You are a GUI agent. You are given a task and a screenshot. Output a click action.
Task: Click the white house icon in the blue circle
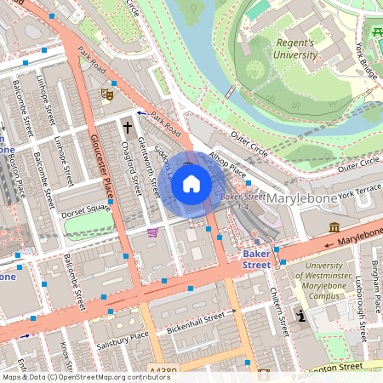[x=191, y=183]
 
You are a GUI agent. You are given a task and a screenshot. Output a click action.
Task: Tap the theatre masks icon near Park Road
[x=107, y=94]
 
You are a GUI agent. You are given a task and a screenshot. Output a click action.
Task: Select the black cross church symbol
[x=128, y=128]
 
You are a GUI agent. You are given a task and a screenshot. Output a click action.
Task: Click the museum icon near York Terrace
[x=334, y=228]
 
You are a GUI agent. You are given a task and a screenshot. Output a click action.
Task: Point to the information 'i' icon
[x=300, y=316]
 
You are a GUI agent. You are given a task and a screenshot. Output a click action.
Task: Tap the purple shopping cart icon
[x=152, y=232]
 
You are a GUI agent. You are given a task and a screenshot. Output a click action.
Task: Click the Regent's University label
[x=294, y=49]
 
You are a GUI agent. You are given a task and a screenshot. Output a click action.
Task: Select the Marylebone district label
[x=302, y=198]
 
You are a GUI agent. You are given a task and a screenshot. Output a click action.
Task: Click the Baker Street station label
[x=256, y=259]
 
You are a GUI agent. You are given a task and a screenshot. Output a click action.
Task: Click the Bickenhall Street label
[x=201, y=323]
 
